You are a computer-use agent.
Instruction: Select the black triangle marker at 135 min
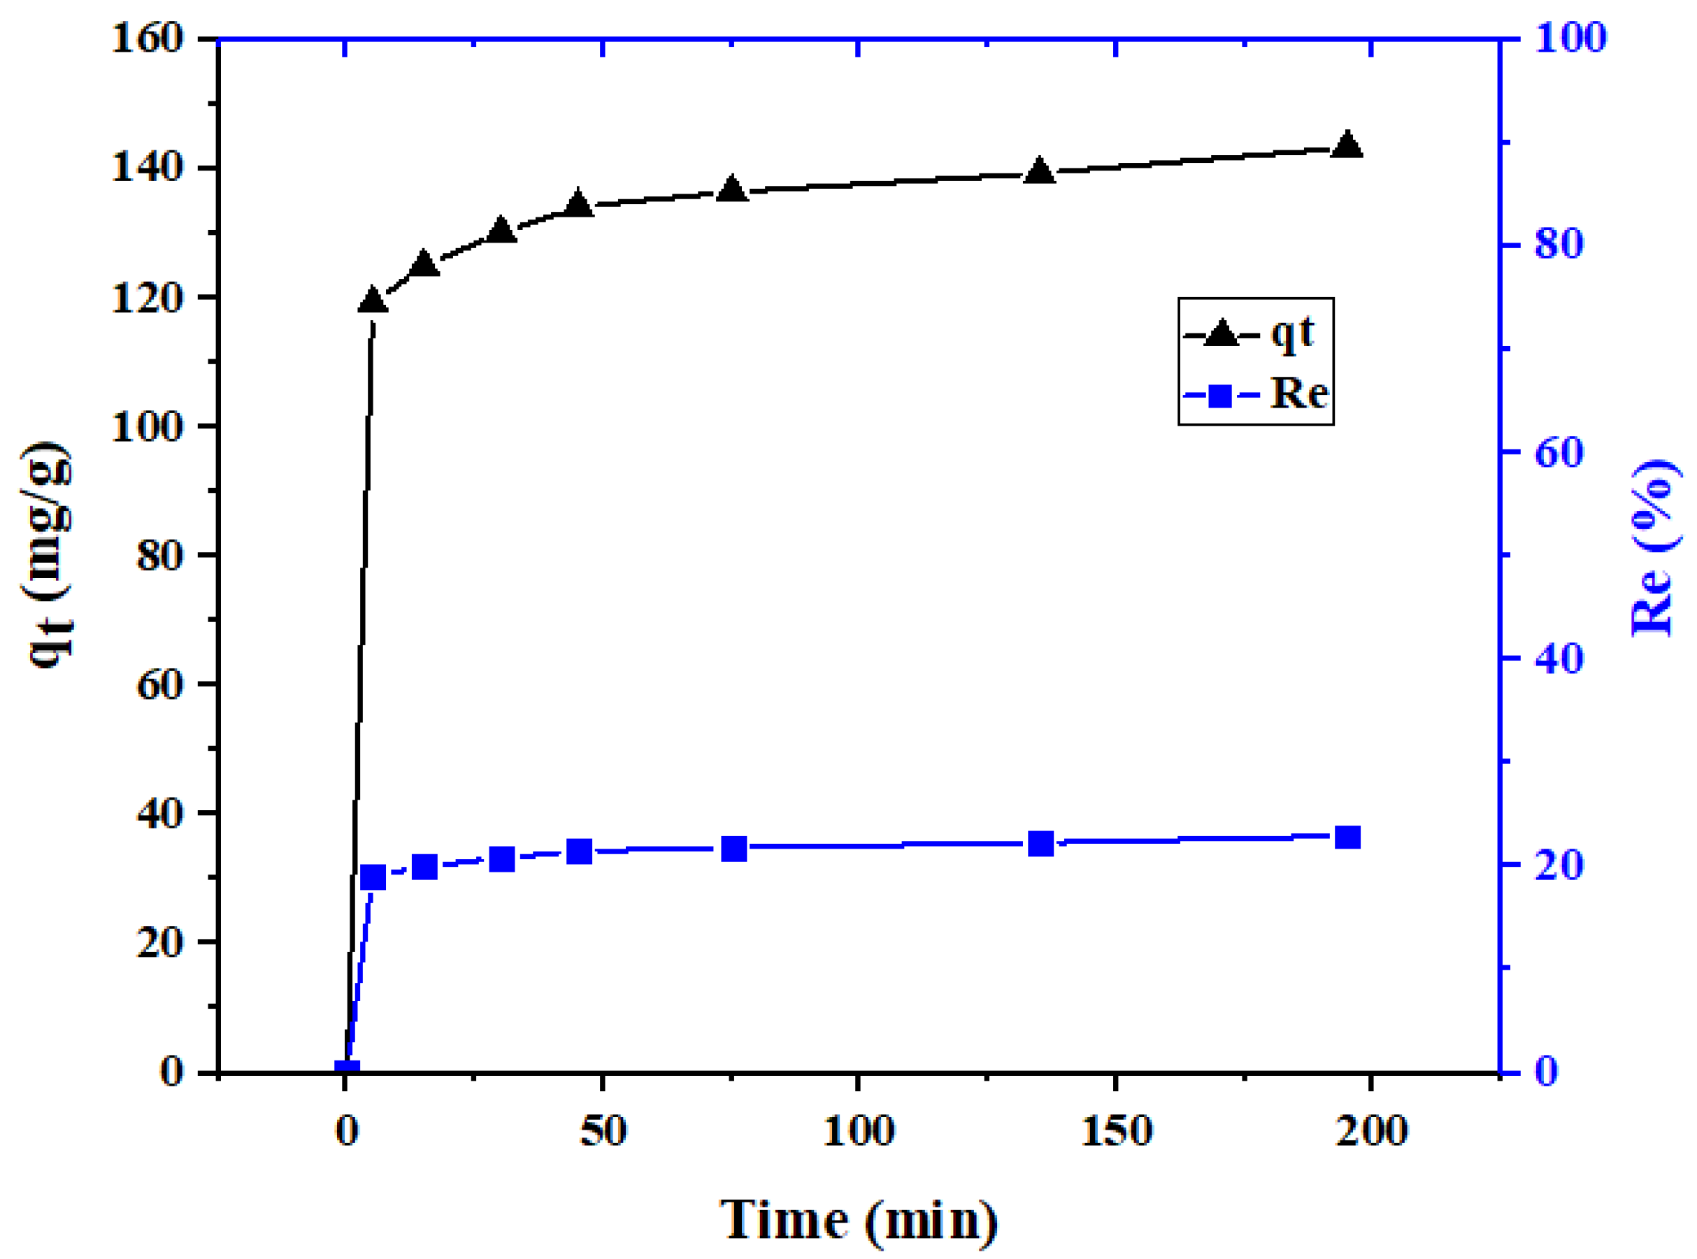pyautogui.click(x=1039, y=171)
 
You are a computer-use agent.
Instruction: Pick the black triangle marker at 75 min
pyautogui.click(x=731, y=189)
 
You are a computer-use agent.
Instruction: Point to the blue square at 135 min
pyautogui.click(x=1040, y=844)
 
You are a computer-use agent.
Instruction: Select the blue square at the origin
pyautogui.click(x=347, y=1070)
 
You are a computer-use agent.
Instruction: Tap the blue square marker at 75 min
pyautogui.click(x=733, y=848)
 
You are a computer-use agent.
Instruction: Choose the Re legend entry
pyautogui.click(x=1254, y=395)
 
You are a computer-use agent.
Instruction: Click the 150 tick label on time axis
pyautogui.click(x=1116, y=1131)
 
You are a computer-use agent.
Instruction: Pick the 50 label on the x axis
pyautogui.click(x=602, y=1131)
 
